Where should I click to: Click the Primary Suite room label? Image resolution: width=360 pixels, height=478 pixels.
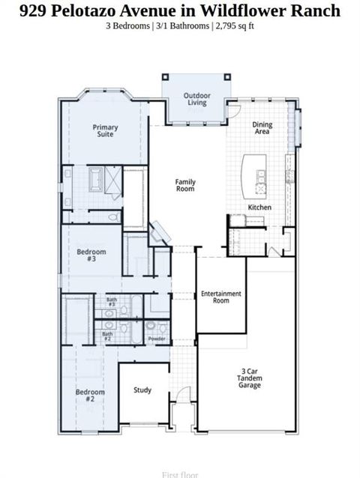pos(105,132)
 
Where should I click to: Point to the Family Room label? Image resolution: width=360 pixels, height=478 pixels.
pos(185,185)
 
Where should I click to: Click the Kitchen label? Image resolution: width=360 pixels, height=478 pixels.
pos(259,208)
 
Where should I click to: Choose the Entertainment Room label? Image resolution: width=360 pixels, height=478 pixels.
pos(220,297)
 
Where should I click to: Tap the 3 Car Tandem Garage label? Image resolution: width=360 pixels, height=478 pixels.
pos(250,378)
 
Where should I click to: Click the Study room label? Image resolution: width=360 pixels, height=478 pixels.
pos(142,390)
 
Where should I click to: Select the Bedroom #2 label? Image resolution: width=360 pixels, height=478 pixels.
pos(90,396)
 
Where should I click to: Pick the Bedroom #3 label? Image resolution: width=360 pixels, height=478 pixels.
pos(91,255)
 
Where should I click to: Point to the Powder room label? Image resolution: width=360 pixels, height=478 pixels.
pos(157,339)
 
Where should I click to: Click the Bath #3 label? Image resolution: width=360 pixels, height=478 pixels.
pos(111,303)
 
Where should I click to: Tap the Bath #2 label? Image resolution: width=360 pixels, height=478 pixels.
pos(107,336)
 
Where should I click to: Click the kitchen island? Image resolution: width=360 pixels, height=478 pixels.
pos(250,175)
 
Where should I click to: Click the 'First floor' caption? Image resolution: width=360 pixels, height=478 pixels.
pos(180,474)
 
